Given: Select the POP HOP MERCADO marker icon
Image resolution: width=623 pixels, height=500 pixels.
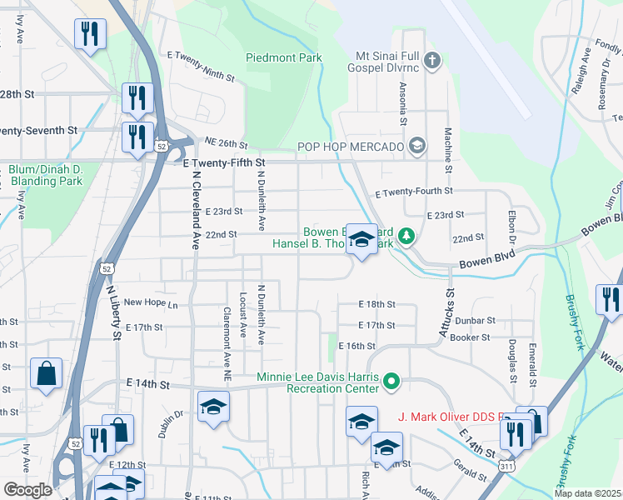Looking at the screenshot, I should pos(417,147).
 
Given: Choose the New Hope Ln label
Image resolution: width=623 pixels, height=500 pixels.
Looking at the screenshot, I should pos(151,303).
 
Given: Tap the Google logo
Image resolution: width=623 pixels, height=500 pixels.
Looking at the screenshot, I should pos(28,491).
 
